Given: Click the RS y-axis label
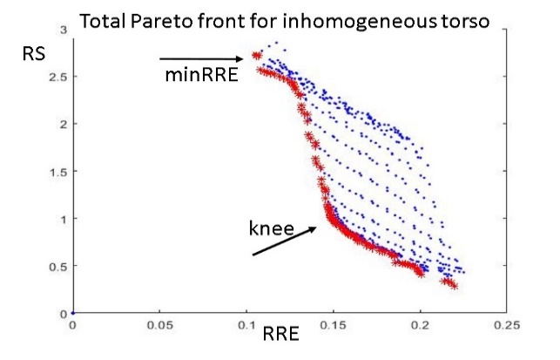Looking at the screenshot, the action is click(34, 54).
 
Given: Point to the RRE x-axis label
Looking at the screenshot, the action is click(280, 334).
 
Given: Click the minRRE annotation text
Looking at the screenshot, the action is click(201, 76).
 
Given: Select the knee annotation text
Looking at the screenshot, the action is click(272, 228).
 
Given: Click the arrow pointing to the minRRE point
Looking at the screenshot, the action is click(201, 59).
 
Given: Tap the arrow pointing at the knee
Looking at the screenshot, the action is click(284, 241).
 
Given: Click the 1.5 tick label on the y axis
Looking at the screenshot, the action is click(57, 172).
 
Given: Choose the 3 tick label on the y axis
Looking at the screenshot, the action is click(64, 30).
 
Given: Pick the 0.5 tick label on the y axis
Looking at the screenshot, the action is click(57, 267).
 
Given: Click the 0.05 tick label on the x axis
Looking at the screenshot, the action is click(160, 325).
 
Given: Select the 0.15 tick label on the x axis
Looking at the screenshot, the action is click(334, 325).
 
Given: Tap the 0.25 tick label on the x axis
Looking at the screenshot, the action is click(507, 325).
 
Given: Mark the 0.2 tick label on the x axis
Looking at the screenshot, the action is click(420, 325).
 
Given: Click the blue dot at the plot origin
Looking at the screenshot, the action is click(73, 313).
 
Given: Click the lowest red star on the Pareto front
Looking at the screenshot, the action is click(454, 285).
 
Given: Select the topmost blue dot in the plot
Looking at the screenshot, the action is click(276, 43).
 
